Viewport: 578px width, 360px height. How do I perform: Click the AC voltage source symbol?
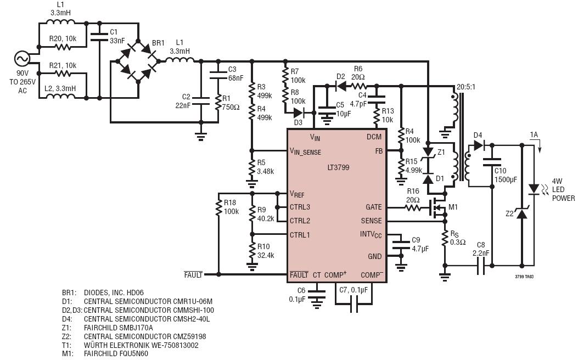pyautogui.click(x=22, y=59)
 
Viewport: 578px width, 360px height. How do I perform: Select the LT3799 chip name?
pyautogui.click(x=338, y=167)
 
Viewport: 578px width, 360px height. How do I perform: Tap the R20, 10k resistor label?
pyautogui.click(x=63, y=39)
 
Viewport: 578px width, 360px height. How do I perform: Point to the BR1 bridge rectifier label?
pyautogui.click(x=158, y=43)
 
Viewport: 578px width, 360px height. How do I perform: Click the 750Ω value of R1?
pyautogui.click(x=231, y=107)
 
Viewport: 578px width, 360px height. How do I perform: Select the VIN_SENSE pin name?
pyautogui.click(x=305, y=151)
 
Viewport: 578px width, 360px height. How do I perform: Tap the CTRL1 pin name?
pyautogui.click(x=300, y=235)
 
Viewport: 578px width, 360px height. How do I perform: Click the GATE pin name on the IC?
pyautogui.click(x=373, y=207)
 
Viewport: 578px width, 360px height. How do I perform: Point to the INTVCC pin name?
pyautogui.click(x=371, y=235)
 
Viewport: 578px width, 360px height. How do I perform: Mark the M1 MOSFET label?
pyautogui.click(x=453, y=207)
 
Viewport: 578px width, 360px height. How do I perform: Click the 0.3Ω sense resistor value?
pyautogui.click(x=458, y=242)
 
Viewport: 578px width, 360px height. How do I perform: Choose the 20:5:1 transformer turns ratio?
pyautogui.click(x=466, y=87)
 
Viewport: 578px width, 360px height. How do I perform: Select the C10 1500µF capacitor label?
pyautogui.click(x=506, y=175)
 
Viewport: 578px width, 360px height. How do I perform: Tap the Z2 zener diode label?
pyautogui.click(x=509, y=213)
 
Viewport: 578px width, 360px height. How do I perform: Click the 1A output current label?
pyautogui.click(x=534, y=134)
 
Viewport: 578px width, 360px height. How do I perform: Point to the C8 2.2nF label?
pyautogui.click(x=481, y=249)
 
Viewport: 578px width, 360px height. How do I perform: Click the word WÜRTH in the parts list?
pyautogui.click(x=97, y=345)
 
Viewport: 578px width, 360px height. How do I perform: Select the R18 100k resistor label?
pyautogui.click(x=231, y=207)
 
